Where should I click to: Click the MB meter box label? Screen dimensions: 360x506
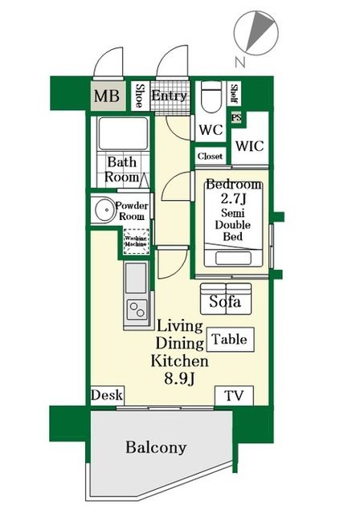pos(107,96)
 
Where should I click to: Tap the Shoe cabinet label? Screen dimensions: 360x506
pos(140,96)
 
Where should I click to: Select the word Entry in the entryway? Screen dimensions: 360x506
pos(170,96)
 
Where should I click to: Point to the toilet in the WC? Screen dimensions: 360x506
pos(211,96)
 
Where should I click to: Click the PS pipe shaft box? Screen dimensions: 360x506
pos(236,117)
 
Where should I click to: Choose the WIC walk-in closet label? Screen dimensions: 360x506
pos(250,146)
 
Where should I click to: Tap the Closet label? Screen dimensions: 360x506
pos(211,156)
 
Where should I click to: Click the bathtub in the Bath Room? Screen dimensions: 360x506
pos(123,133)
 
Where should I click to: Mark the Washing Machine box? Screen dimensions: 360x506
pos(137,242)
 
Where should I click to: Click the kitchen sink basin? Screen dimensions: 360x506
pos(136,278)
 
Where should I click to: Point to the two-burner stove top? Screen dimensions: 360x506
pos(137,309)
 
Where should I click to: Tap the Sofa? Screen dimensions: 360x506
pos(226,299)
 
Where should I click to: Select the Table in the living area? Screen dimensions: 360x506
pos(230,340)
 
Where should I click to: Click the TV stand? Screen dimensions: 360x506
pos(234,395)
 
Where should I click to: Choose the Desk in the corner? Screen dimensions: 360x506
pos(107,395)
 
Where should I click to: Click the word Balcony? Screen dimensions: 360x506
pos(156,447)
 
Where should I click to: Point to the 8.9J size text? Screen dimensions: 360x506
pos(179,378)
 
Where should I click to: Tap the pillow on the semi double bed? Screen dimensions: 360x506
pos(233,258)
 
